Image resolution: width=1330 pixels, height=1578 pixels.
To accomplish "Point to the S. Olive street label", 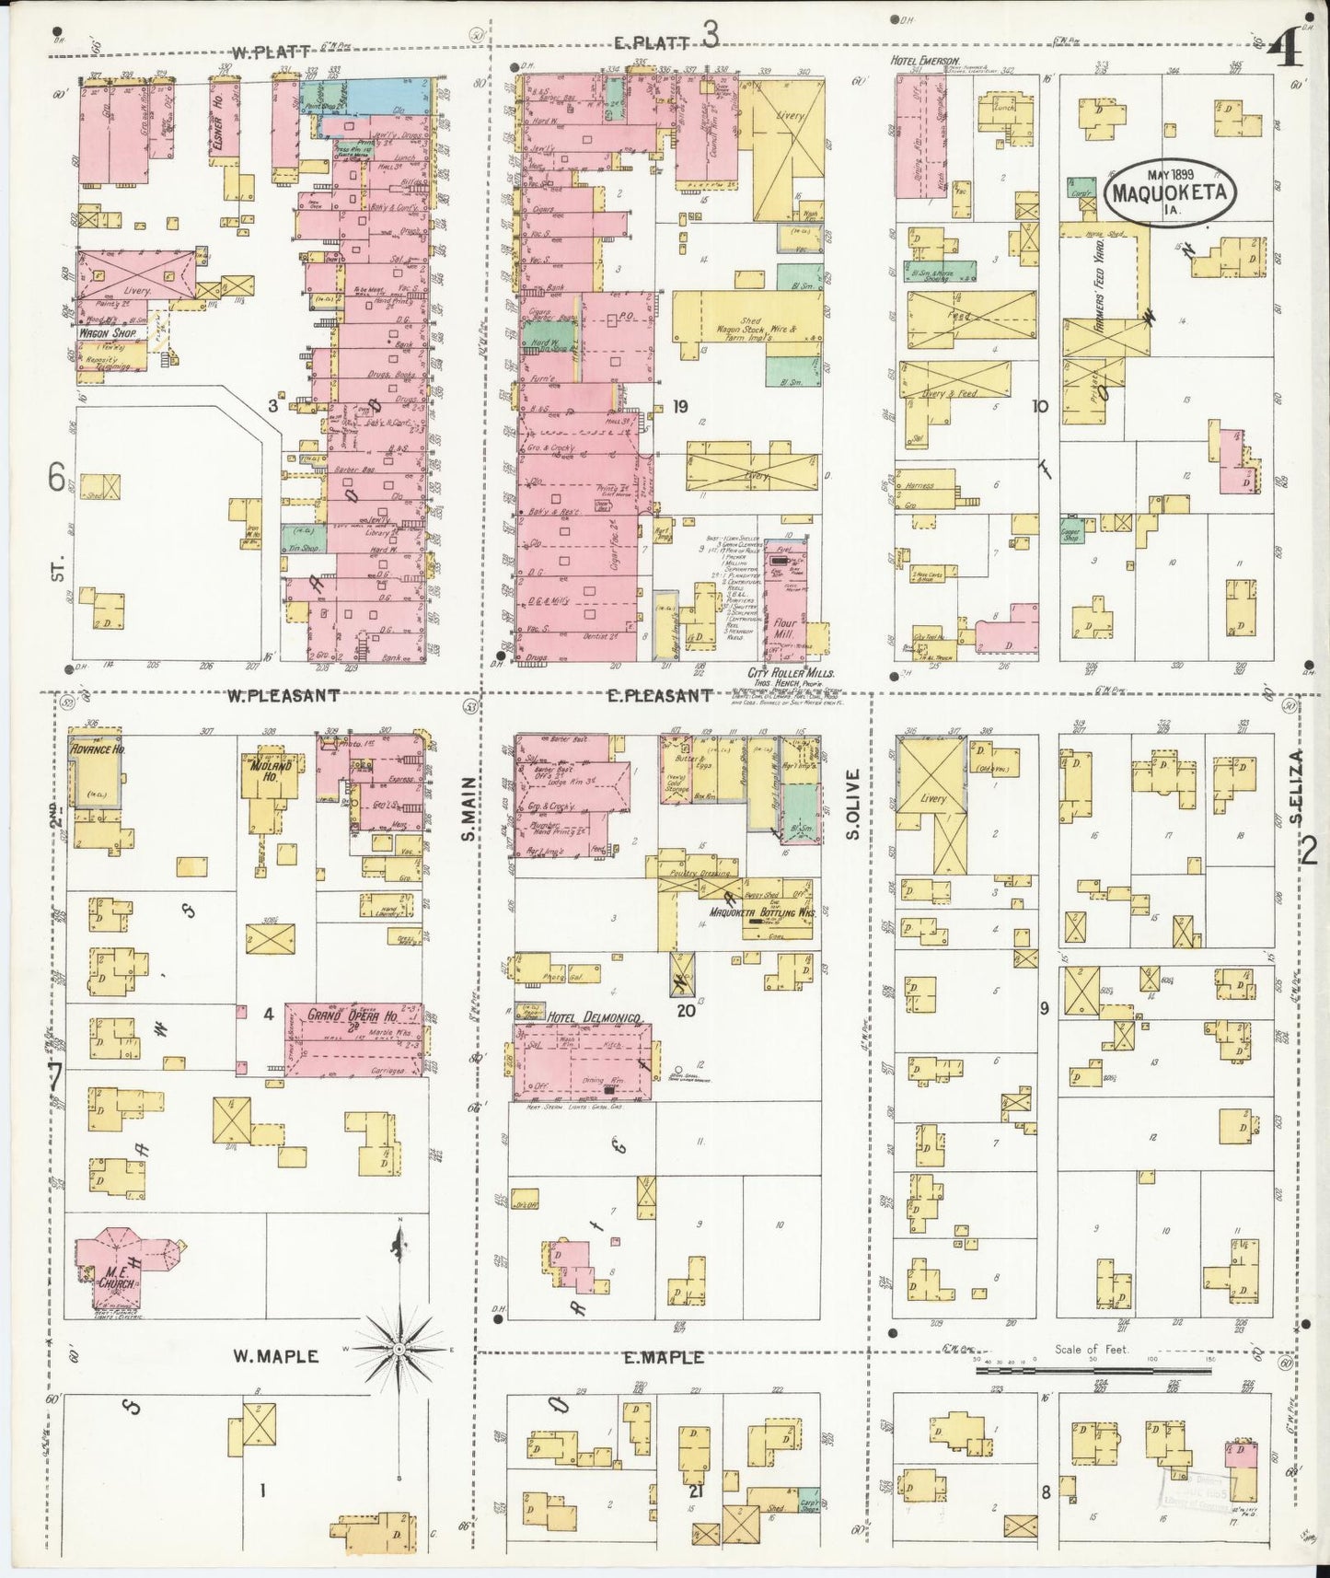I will click(x=853, y=804).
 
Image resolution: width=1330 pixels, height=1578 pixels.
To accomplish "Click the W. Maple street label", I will click(x=275, y=1356).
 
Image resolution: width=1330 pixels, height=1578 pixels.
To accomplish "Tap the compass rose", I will click(x=401, y=1350).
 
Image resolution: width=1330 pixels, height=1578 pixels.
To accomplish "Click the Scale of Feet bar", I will click(x=1093, y=1370).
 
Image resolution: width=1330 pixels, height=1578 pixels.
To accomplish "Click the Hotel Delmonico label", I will click(x=594, y=1016).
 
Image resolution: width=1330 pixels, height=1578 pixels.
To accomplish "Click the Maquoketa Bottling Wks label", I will click(x=763, y=913).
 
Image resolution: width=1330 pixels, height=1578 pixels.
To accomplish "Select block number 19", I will click(x=680, y=406).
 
